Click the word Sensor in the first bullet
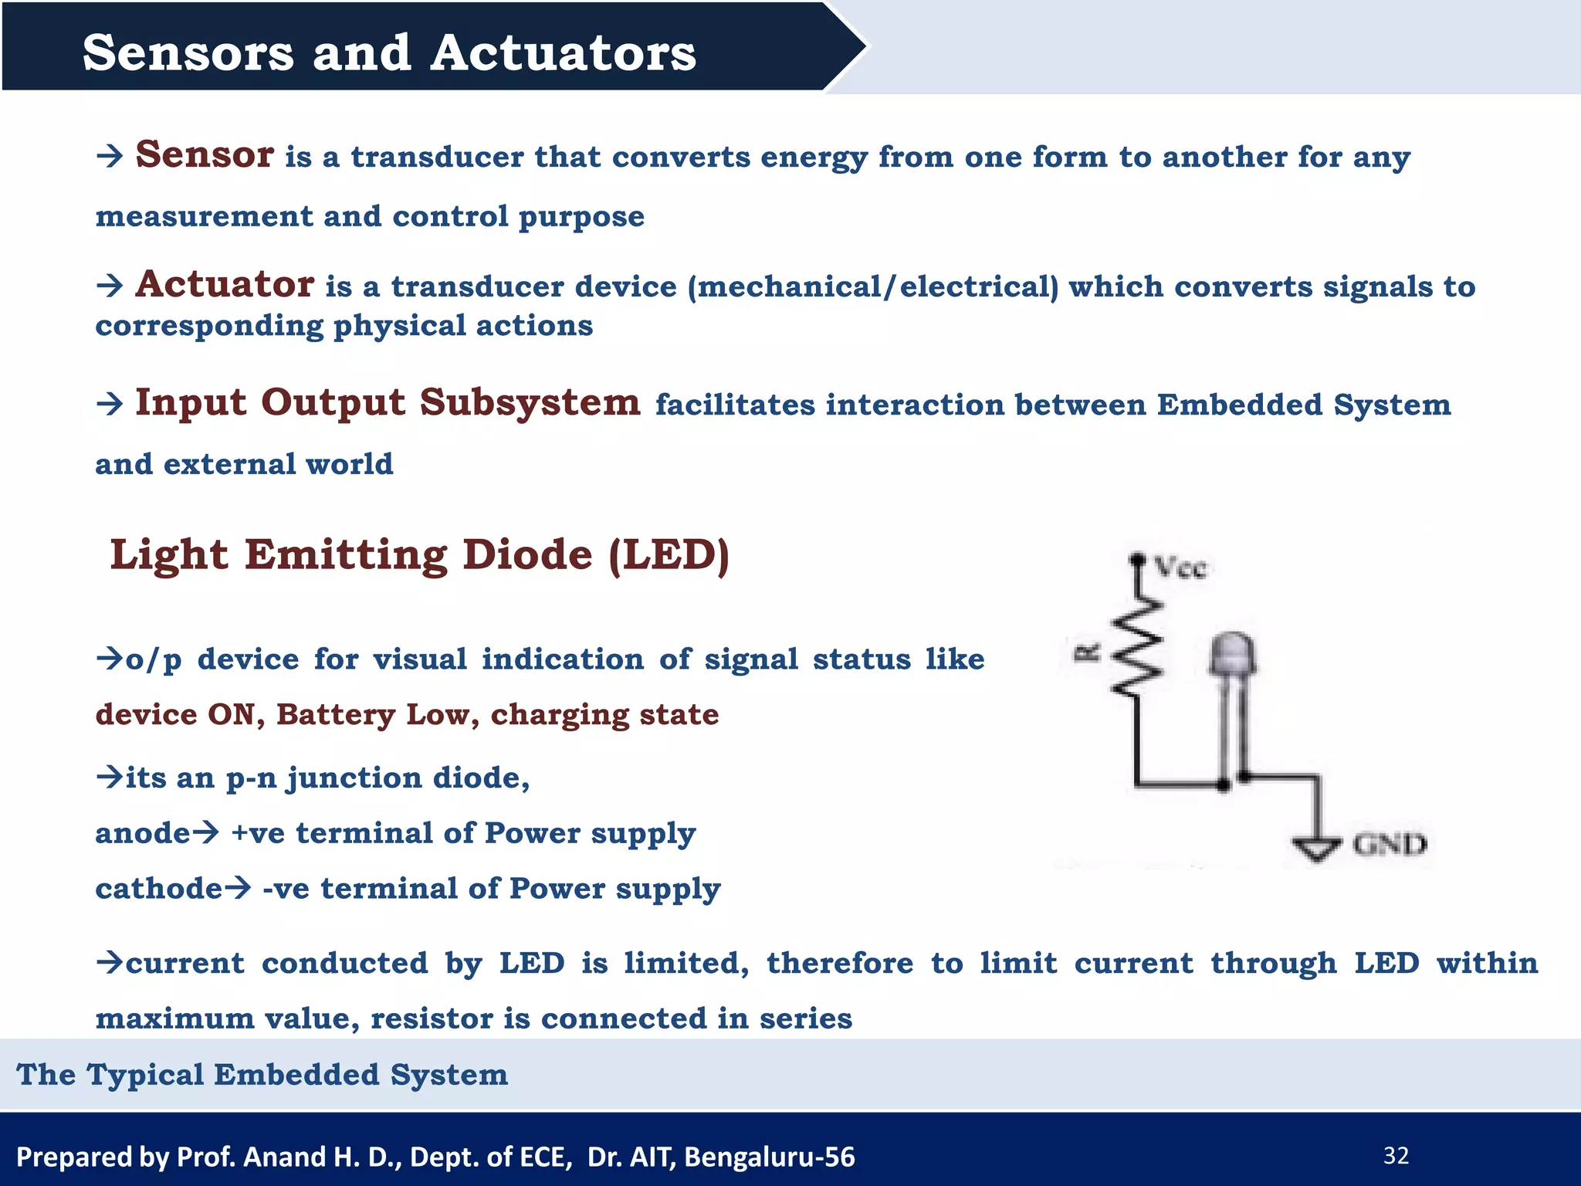(204, 154)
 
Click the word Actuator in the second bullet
(225, 284)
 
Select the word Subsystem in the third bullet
(530, 402)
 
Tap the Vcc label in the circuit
(1180, 569)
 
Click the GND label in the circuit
(1390, 844)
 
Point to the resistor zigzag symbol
(1136, 650)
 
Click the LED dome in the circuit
(1232, 655)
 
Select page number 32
(1396, 1156)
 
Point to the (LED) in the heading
(669, 555)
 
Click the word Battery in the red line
(336, 714)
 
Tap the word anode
(142, 833)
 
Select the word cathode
(158, 889)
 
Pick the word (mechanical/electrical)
(872, 287)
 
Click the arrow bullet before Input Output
(110, 404)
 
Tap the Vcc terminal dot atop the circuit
(1136, 558)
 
